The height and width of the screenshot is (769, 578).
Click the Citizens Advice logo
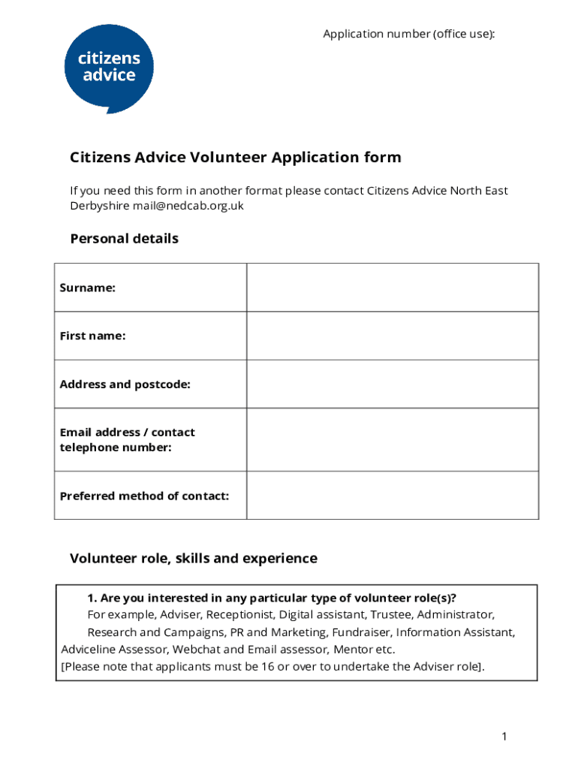click(x=109, y=68)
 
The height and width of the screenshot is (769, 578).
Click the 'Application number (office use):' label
click(x=409, y=34)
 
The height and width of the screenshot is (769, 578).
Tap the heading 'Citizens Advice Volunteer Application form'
click(x=236, y=158)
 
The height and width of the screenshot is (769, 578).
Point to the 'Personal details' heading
click(x=124, y=239)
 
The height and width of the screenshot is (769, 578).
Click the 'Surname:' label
click(x=87, y=288)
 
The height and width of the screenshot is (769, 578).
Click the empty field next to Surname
click(x=392, y=288)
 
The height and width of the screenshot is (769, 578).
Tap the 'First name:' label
click(x=92, y=336)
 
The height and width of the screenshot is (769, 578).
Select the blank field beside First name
click(x=392, y=336)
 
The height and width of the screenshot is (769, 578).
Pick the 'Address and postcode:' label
click(x=125, y=384)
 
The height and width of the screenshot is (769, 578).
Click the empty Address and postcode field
click(x=392, y=384)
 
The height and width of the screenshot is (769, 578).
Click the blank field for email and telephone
click(x=392, y=440)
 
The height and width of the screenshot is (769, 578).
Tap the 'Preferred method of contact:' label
click(x=144, y=496)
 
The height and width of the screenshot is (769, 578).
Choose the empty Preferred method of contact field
click(x=392, y=496)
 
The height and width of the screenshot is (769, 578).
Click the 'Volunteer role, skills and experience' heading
click(x=194, y=559)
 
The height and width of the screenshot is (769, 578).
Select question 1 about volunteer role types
click(x=272, y=599)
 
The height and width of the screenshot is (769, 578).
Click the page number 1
click(x=505, y=737)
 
